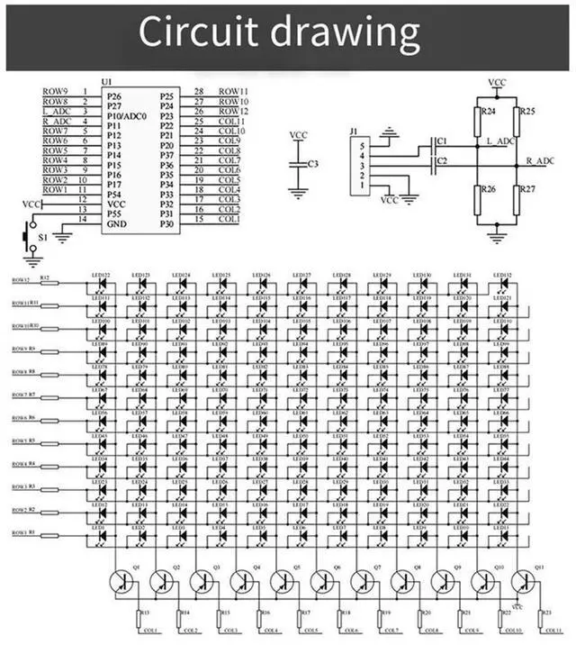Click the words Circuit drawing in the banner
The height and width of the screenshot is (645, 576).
279,33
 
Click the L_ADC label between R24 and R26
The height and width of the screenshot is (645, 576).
499,141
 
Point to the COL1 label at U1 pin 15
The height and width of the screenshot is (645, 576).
229,220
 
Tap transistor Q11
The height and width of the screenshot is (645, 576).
522,583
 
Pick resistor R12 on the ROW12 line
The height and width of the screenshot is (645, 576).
47,282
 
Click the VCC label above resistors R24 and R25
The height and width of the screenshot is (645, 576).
497,82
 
